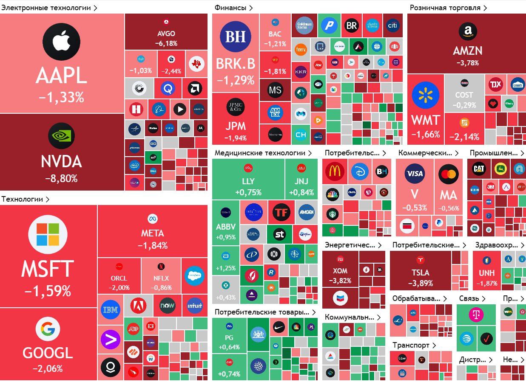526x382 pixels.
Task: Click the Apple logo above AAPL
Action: coord(61,42)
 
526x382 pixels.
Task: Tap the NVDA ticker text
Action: coord(61,162)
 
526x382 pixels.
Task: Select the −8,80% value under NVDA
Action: coord(61,179)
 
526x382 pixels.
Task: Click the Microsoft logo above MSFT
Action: coord(48,234)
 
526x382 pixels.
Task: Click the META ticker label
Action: coord(152,233)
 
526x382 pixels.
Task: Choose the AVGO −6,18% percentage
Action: coord(166,43)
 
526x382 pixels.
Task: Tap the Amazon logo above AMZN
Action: coord(467,31)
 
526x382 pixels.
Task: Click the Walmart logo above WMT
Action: coord(426,96)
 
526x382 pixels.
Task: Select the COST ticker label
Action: coord(464,95)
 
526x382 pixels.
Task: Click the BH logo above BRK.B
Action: coord(236,37)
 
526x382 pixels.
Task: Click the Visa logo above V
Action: coord(415,173)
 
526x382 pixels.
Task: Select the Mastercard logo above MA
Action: coord(448,174)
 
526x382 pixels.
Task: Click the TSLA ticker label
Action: coord(420,272)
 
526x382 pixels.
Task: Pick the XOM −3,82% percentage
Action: coord(340,281)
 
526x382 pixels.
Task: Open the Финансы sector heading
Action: coord(230,8)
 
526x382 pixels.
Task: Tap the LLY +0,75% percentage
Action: coord(248,192)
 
